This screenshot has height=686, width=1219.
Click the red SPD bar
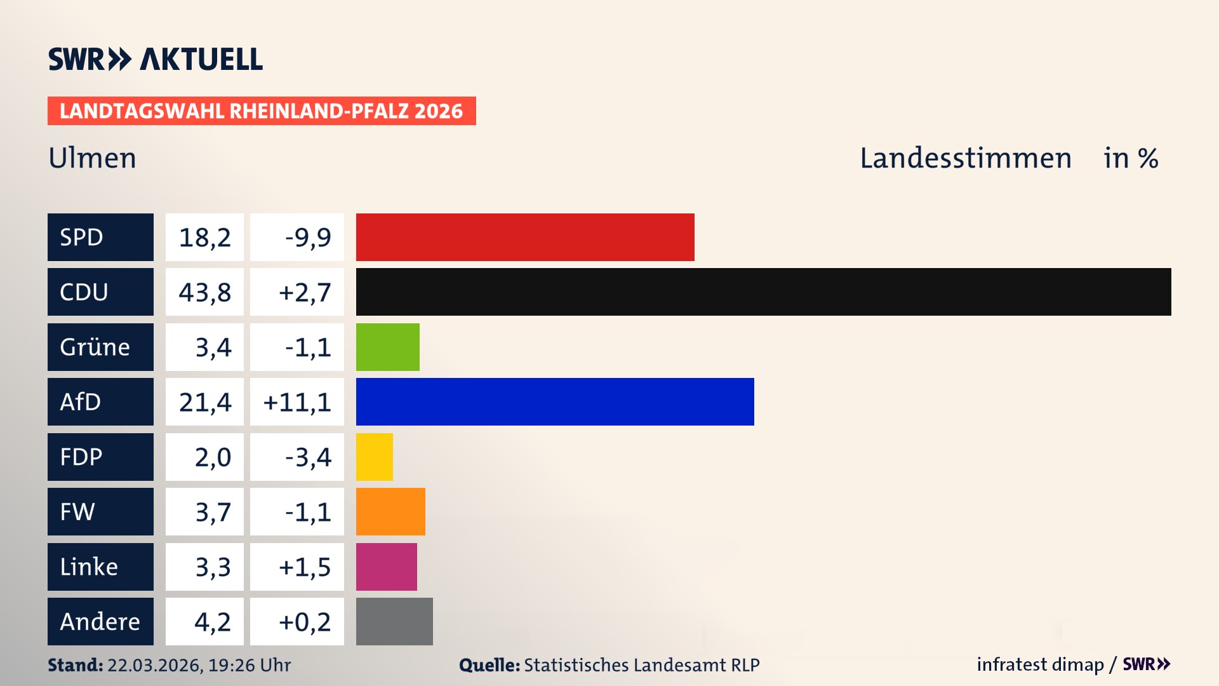click(x=525, y=237)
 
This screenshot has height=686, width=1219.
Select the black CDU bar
click(x=763, y=292)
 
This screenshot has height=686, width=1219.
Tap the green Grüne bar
click(x=387, y=347)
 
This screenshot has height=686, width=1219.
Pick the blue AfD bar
click(x=555, y=401)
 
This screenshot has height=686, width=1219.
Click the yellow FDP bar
click(x=374, y=457)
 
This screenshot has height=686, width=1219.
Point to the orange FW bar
click(x=390, y=511)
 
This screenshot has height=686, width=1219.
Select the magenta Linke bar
click(x=386, y=567)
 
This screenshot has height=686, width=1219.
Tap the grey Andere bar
click(x=394, y=621)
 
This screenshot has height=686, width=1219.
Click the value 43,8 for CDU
click(x=204, y=292)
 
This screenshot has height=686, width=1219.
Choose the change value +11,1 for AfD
click(x=297, y=402)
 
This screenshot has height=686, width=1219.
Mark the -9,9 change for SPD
click(x=308, y=238)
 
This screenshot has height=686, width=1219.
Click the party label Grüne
click(x=95, y=347)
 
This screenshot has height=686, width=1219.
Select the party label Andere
click(x=100, y=621)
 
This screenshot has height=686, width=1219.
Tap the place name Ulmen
click(x=93, y=158)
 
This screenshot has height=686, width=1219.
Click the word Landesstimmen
click(x=965, y=158)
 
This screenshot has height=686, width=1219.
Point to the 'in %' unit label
click(x=1131, y=158)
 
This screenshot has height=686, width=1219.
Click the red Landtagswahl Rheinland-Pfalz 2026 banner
click(x=262, y=111)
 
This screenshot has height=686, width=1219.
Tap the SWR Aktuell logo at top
click(x=156, y=59)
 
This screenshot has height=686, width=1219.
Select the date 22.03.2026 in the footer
click(x=154, y=665)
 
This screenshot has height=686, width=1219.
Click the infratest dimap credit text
click(x=1039, y=664)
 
